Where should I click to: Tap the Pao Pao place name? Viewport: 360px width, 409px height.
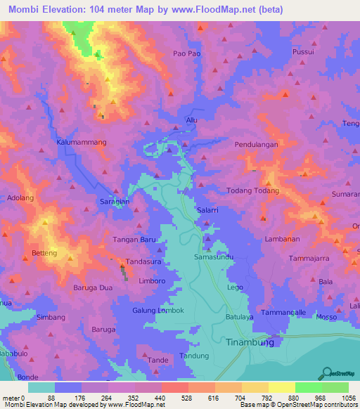pyautogui.click(x=186, y=53)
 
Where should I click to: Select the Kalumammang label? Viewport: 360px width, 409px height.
pyautogui.click(x=81, y=142)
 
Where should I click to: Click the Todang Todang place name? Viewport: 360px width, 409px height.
pyautogui.click(x=254, y=190)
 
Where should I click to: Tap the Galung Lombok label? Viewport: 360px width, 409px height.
pyautogui.click(x=158, y=311)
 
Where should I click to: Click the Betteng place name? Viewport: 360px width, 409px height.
pyautogui.click(x=44, y=252)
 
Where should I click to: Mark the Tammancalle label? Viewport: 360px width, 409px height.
pyautogui.click(x=283, y=311)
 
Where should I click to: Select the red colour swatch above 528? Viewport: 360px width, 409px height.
pyautogui.click(x=174, y=387)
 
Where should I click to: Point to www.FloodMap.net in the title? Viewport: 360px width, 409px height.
pyautogui.click(x=219, y=10)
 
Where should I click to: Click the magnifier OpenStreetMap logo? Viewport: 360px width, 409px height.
pyautogui.click(x=327, y=372)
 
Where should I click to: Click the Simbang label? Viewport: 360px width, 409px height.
pyautogui.click(x=49, y=318)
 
